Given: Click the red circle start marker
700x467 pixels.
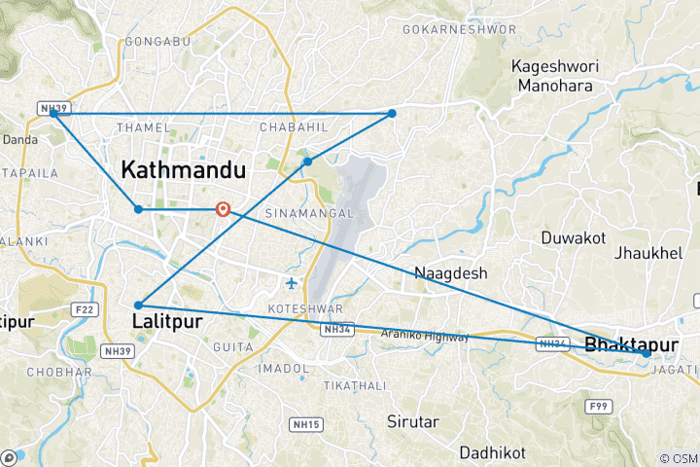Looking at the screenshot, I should [224, 209].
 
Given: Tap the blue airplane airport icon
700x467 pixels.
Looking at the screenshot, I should [293, 283].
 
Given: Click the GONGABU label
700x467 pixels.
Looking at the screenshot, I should [151, 43].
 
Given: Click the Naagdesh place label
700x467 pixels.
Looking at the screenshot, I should [450, 273].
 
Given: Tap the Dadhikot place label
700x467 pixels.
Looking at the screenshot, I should [493, 452].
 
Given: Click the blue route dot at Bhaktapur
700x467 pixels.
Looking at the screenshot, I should [647, 354].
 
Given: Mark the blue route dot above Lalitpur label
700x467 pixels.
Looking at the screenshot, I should [138, 305].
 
